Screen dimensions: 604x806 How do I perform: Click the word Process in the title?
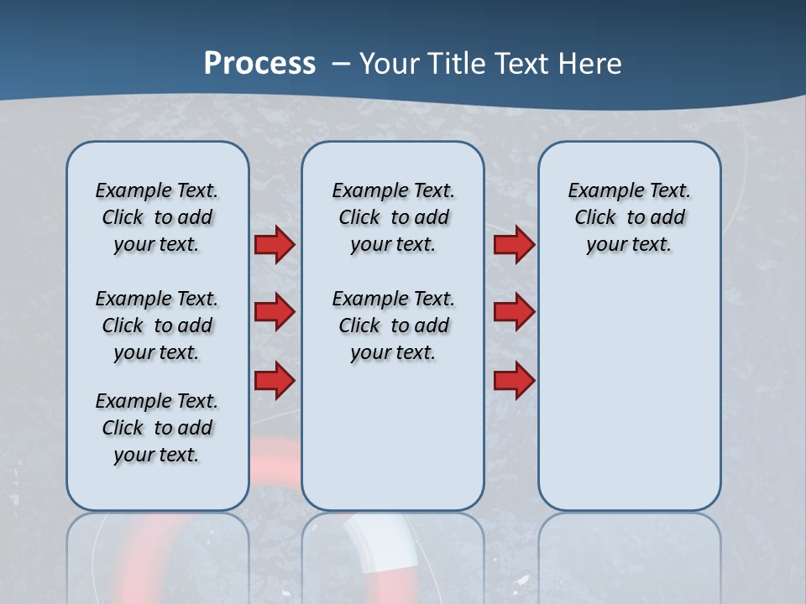pyautogui.click(x=259, y=64)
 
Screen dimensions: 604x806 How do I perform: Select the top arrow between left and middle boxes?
pyautogui.click(x=275, y=245)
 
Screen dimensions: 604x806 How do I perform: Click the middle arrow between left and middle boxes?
pyautogui.click(x=275, y=312)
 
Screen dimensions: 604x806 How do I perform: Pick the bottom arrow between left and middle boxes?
pyautogui.click(x=275, y=380)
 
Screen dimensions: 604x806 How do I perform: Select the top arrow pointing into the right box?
pyautogui.click(x=514, y=245)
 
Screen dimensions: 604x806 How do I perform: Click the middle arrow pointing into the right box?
pyautogui.click(x=514, y=312)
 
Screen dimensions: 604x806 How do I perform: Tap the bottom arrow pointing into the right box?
pyautogui.click(x=514, y=380)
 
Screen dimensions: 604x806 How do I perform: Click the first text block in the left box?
pyautogui.click(x=157, y=217)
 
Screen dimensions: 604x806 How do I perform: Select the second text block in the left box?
pyautogui.click(x=157, y=325)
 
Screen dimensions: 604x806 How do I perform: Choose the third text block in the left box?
pyautogui.click(x=157, y=428)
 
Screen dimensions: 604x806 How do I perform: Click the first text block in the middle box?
pyautogui.click(x=394, y=217)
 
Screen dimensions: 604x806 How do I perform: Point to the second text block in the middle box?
pyautogui.click(x=394, y=325)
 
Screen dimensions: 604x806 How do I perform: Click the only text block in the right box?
pyautogui.click(x=630, y=217)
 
